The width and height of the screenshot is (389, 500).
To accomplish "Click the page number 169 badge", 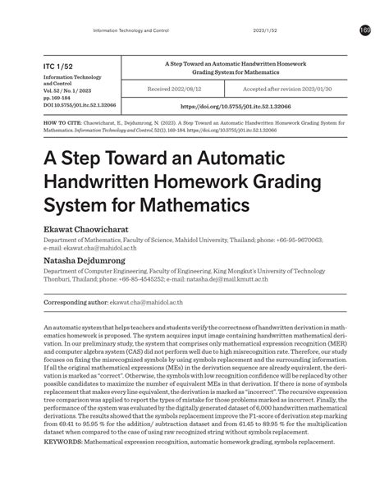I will pos(365,30).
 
